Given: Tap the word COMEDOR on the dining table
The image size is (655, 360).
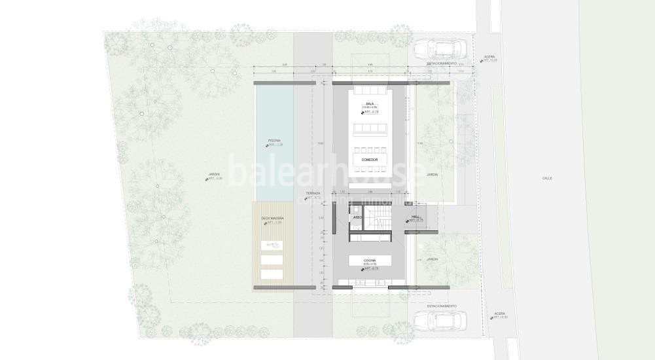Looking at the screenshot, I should [370, 160].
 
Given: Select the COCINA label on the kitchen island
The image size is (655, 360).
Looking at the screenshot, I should [370, 260].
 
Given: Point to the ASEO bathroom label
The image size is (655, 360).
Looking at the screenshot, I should [357, 217].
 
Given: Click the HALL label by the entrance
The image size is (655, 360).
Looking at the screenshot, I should [415, 217].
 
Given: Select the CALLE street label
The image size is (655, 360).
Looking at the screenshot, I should [547, 178].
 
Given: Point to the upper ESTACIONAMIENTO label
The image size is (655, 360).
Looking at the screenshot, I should [442, 63].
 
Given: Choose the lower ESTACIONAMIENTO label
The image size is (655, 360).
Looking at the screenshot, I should [442, 306].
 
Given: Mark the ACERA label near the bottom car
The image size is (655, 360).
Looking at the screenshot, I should [500, 314].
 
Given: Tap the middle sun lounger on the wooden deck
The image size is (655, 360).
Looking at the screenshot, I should [272, 259].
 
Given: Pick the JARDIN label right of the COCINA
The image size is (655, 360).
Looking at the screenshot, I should [432, 259].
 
